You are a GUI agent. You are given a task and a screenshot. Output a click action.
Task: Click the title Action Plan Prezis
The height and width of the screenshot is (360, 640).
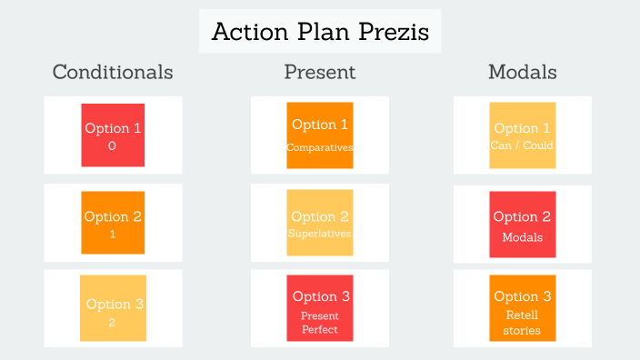(320, 32)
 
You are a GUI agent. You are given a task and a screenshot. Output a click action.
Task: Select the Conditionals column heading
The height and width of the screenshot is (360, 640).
(113, 72)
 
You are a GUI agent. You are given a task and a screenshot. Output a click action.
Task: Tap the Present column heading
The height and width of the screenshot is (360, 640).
(320, 72)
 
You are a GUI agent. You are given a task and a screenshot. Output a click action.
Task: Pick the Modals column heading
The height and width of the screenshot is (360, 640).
(522, 72)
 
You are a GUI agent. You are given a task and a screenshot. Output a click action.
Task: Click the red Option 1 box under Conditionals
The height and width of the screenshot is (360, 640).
(113, 135)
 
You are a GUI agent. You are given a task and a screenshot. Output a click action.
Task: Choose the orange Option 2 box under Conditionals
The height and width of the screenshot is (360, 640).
(113, 222)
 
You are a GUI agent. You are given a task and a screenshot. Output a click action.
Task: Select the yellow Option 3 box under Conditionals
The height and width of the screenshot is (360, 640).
(113, 307)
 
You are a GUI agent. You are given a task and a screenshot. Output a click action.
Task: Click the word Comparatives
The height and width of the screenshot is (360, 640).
(320, 147)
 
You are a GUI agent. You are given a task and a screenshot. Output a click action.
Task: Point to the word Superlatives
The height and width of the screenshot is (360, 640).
(320, 234)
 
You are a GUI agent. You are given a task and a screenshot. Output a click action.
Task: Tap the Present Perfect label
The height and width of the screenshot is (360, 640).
(320, 322)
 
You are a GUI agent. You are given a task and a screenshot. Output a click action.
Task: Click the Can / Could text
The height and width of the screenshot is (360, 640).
(522, 145)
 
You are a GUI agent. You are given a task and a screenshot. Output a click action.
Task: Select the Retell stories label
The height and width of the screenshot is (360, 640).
(522, 323)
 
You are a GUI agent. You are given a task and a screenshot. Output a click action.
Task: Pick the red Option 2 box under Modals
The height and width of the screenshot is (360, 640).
(522, 224)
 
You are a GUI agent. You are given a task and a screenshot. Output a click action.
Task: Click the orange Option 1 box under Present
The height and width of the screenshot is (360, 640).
(320, 135)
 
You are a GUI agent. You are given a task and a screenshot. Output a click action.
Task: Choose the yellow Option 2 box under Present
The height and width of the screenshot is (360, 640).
(320, 222)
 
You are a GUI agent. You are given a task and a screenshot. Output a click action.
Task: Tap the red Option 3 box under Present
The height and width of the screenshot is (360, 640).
(320, 307)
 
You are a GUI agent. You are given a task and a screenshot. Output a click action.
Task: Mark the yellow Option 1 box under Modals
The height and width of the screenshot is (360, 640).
(522, 135)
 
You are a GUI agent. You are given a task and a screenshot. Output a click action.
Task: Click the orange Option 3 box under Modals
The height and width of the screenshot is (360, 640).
(522, 307)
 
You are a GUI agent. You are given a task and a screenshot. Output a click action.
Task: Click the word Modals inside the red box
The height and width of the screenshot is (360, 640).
(522, 237)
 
